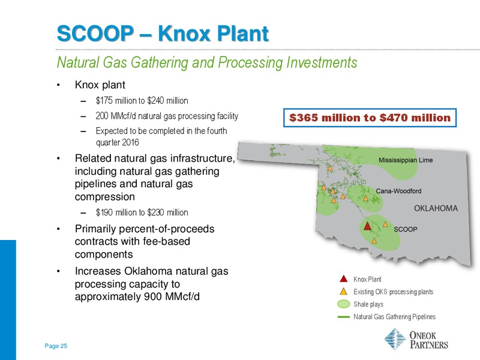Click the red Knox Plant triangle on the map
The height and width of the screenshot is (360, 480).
(367, 226)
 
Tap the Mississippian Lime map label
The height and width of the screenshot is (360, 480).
(406, 160)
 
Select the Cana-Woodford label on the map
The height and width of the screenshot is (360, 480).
(398, 191)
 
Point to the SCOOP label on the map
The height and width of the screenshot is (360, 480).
(406, 229)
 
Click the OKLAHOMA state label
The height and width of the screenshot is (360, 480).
(436, 208)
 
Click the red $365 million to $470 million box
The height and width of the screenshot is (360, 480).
(370, 118)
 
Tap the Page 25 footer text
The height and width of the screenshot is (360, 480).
(56, 346)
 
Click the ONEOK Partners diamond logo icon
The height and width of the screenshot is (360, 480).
(395, 339)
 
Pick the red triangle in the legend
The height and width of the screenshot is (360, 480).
(344, 279)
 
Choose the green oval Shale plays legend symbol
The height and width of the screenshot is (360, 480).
(343, 304)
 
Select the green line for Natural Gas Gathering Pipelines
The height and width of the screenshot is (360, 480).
(343, 317)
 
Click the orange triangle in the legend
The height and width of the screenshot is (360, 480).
(344, 291)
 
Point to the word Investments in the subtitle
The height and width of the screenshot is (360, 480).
(322, 62)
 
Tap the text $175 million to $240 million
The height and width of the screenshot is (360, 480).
(142, 101)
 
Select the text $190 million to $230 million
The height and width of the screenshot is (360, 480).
(142, 212)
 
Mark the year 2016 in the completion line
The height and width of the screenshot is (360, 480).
(130, 143)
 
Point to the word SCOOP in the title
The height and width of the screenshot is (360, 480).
(95, 33)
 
